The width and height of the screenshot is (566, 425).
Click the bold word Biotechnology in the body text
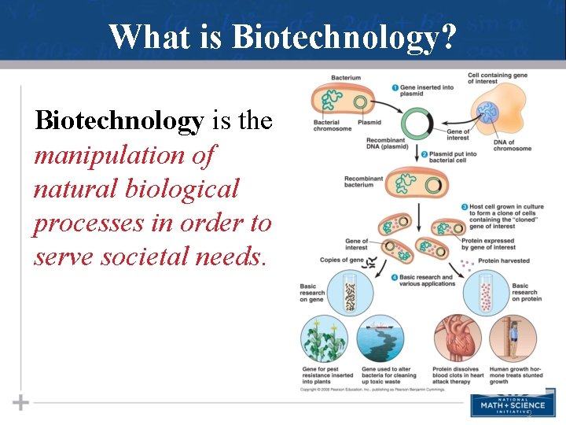(x=119, y=120)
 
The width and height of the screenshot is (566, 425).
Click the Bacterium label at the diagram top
(x=346, y=78)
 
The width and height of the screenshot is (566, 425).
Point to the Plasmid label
(x=369, y=123)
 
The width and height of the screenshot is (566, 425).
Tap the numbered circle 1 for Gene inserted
(x=395, y=87)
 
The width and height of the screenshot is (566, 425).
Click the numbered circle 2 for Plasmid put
(x=424, y=154)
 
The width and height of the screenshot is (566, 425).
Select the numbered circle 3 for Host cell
(x=464, y=207)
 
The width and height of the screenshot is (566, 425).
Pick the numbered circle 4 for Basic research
(x=395, y=277)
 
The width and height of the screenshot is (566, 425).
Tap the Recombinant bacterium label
(x=362, y=182)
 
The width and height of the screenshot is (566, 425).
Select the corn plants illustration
(x=324, y=338)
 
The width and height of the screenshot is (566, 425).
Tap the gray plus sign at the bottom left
(x=21, y=403)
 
